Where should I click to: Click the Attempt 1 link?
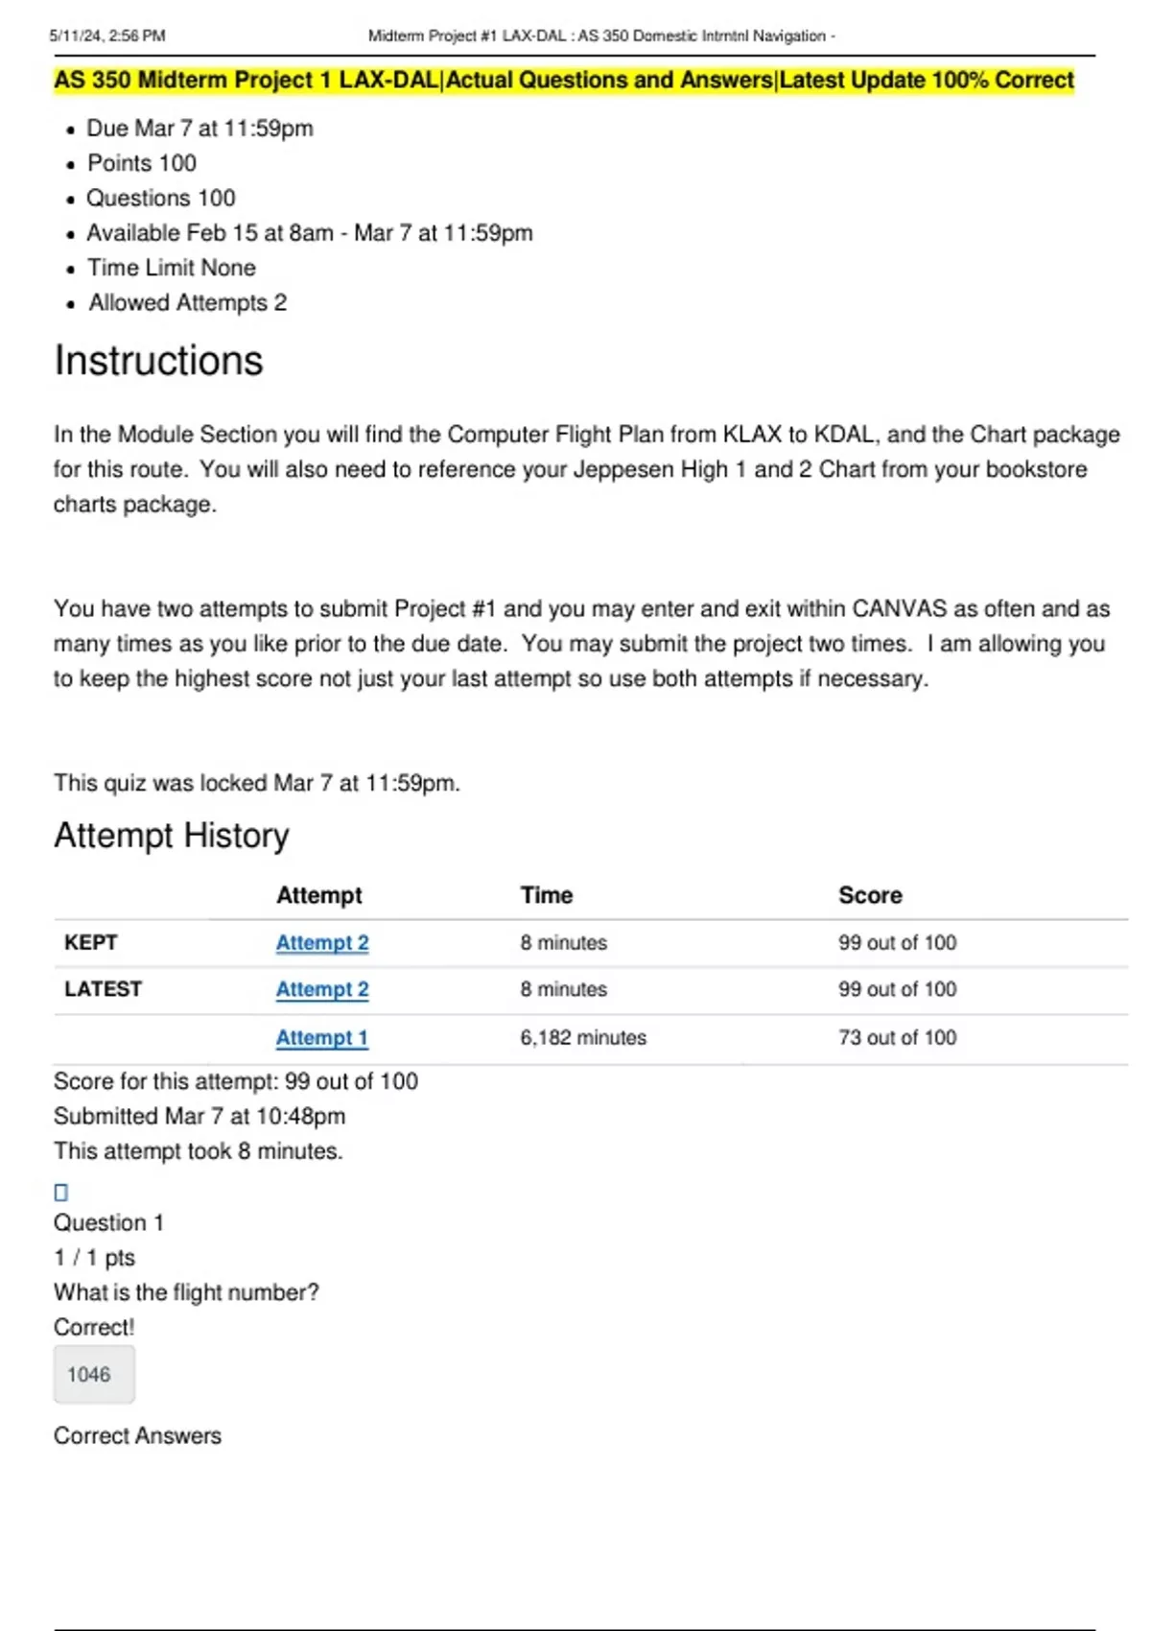coord(321,1037)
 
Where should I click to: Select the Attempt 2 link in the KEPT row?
coord(321,942)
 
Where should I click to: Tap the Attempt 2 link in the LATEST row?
coord(321,989)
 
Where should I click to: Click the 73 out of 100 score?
coord(897,1037)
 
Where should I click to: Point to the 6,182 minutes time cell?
coord(582,1037)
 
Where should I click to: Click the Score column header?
coord(870,895)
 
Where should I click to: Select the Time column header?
coord(546,895)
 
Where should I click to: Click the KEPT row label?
coord(90,942)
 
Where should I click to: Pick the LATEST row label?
coord(103,989)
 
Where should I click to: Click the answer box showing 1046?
coord(93,1374)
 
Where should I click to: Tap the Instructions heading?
coord(158,361)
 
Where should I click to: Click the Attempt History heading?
coord(171,836)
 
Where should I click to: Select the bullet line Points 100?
coord(141,163)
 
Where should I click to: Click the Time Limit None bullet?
coord(171,268)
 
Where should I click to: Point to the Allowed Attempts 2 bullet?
coord(187,302)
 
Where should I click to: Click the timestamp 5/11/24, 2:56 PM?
coord(106,35)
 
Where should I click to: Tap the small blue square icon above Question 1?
coord(60,1192)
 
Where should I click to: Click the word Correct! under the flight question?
coord(94,1327)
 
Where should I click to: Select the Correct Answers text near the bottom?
coord(137,1435)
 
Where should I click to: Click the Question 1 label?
coord(108,1222)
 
